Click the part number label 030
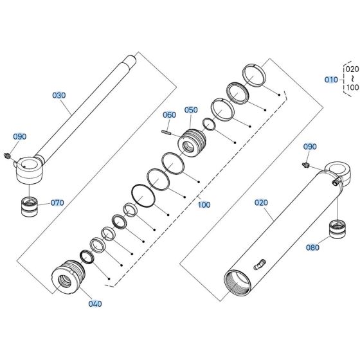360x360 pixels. pyautogui.click(x=59, y=95)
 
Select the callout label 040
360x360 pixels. pyautogui.click(x=94, y=303)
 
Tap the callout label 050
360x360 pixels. pyautogui.click(x=191, y=110)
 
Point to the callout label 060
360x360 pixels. pyautogui.click(x=169, y=115)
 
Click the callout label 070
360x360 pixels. pyautogui.click(x=57, y=203)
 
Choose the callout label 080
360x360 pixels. pyautogui.click(x=313, y=246)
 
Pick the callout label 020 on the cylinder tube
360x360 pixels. pyautogui.click(x=261, y=203)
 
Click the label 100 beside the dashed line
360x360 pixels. pyautogui.click(x=204, y=205)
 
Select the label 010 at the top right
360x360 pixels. pyautogui.click(x=330, y=80)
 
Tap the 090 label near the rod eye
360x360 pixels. pyautogui.click(x=21, y=137)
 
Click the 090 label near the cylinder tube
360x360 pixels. pyautogui.click(x=310, y=147)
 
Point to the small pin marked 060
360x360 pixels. pyautogui.click(x=166, y=133)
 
